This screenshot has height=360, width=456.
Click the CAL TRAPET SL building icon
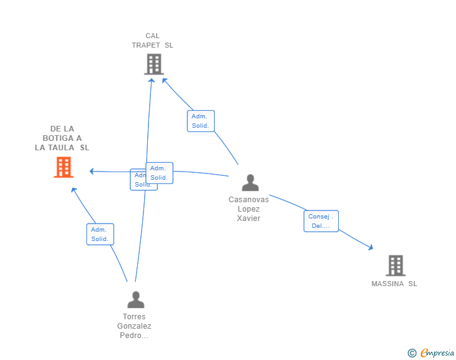[x=153, y=64]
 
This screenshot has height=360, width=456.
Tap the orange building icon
[x=63, y=167]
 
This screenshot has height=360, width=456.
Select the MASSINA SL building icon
[x=395, y=265]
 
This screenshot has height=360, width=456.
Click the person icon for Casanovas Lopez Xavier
[x=250, y=183]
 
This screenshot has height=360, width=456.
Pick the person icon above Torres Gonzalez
[x=135, y=300]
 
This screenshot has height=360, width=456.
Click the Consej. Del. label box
[x=321, y=221]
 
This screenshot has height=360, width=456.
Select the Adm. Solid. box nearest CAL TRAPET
[x=200, y=121]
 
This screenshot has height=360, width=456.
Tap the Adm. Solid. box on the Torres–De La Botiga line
[x=100, y=234]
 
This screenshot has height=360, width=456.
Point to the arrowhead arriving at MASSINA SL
[x=371, y=248]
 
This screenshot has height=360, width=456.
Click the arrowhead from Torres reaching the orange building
[x=73, y=189]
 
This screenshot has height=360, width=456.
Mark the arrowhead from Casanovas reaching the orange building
[x=91, y=171]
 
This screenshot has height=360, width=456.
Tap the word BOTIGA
[x=62, y=138]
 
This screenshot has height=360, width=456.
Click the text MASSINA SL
[x=394, y=284]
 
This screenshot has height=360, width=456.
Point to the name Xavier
[x=249, y=219]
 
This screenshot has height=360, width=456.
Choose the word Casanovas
[x=249, y=200]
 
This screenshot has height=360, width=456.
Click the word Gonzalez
[x=134, y=326]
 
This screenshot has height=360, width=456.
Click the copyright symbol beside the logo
[x=412, y=353]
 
